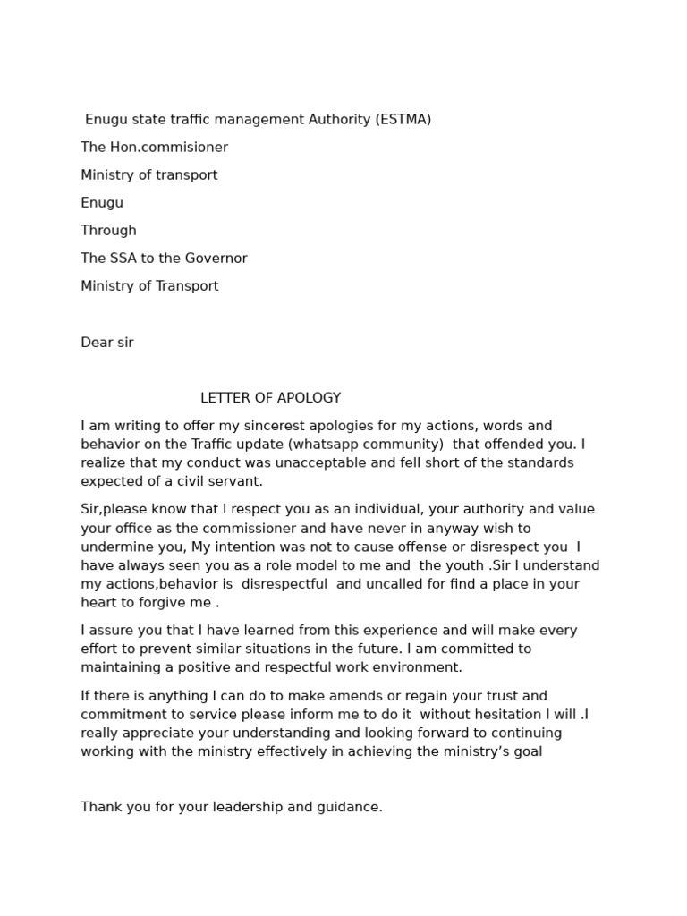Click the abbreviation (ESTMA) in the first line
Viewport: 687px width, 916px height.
[x=403, y=120]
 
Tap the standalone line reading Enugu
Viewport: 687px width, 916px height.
[x=102, y=203]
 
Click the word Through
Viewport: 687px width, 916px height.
[x=108, y=231]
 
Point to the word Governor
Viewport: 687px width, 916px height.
[x=217, y=259]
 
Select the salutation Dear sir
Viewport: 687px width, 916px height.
[x=107, y=343]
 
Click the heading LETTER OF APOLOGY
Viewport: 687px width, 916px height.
[x=270, y=398]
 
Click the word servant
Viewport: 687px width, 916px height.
[x=234, y=481]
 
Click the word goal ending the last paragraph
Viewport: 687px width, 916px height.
[x=527, y=751]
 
